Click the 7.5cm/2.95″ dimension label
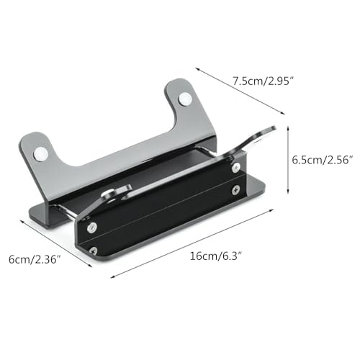point(264,81)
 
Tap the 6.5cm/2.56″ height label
point(323,160)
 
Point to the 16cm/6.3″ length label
point(215,256)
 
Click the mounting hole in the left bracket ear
point(41,154)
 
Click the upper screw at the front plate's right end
point(237,167)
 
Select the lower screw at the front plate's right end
point(236,190)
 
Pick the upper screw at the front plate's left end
point(92,227)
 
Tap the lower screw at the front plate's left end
point(94,251)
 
